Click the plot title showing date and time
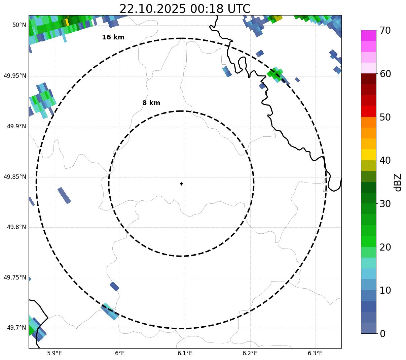pyautogui.click(x=185, y=9)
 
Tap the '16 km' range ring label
pyautogui.click(x=113, y=37)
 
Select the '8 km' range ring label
pyautogui.click(x=151, y=103)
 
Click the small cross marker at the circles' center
pyautogui.click(x=181, y=184)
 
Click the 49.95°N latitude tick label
pyautogui.click(x=15, y=76)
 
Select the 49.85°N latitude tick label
pyautogui.click(x=15, y=177)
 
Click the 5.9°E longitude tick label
pyautogui.click(x=54, y=353)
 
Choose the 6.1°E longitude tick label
pyautogui.click(x=185, y=353)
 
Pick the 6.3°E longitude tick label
pyautogui.click(x=315, y=353)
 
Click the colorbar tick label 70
pyautogui.click(x=385, y=31)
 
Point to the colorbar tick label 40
pyautogui.click(x=385, y=160)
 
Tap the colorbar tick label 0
pyautogui.click(x=383, y=334)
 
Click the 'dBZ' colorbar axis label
pyautogui.click(x=398, y=182)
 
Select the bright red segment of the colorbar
pyautogui.click(x=368, y=111)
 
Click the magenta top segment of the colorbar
pyautogui.click(x=368, y=35)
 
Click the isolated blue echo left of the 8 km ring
pyautogui.click(x=64, y=195)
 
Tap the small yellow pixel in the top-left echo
pyautogui.click(x=67, y=22)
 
